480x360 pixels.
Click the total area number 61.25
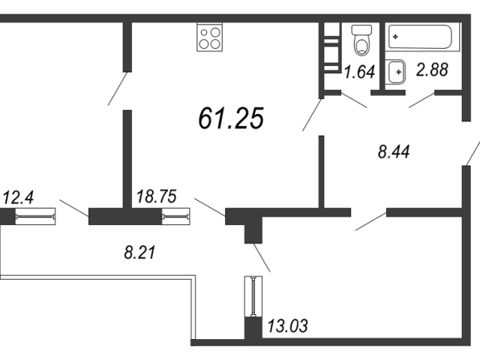tap(231, 118)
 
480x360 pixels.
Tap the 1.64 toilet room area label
tap(359, 72)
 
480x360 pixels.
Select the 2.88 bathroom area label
tap(432, 70)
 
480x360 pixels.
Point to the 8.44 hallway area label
tap(394, 151)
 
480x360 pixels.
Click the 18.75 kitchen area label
tap(157, 196)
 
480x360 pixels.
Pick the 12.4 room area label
tap(18, 197)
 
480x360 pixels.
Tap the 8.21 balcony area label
tap(140, 253)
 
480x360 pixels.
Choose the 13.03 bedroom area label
tap(287, 325)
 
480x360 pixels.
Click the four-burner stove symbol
tap(210, 37)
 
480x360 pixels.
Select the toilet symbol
tap(361, 40)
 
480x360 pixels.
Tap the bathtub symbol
tap(420, 37)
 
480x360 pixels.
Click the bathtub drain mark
tap(395, 37)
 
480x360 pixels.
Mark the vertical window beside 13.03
tap(253, 297)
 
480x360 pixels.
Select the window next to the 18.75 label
tap(176, 217)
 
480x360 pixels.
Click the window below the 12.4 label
tap(35, 217)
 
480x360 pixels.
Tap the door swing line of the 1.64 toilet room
tap(354, 100)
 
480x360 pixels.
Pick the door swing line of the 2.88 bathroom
tap(421, 100)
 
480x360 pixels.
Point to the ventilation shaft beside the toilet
tap(331, 47)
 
